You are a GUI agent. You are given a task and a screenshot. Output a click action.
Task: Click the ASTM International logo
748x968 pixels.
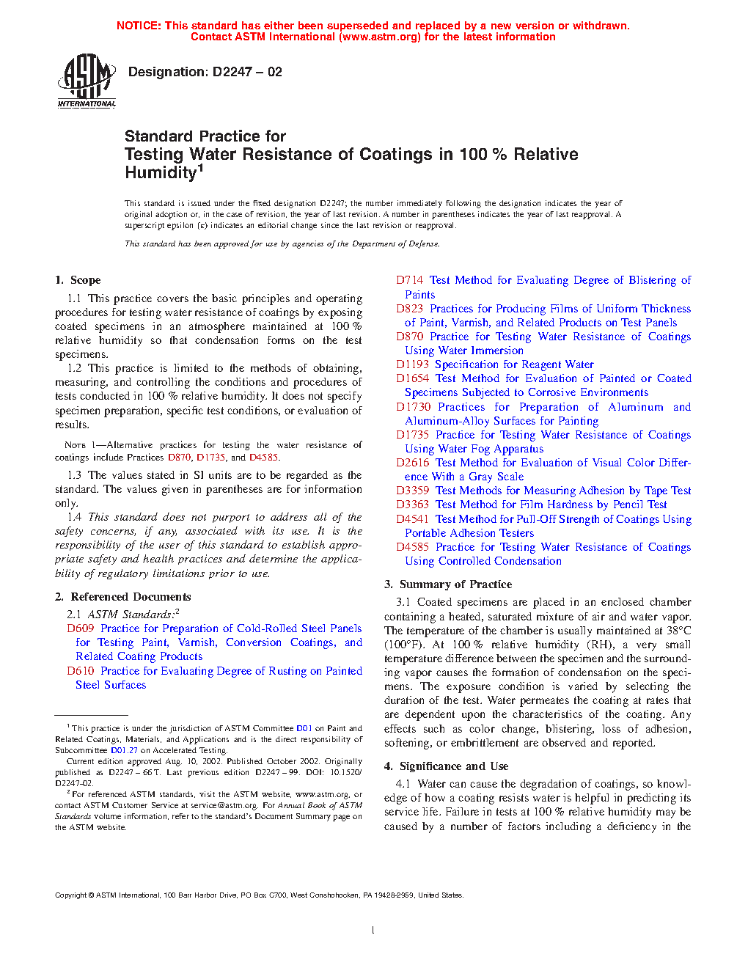pyautogui.click(x=87, y=81)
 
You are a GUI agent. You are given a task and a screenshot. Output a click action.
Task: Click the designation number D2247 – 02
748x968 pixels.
pyautogui.click(x=247, y=72)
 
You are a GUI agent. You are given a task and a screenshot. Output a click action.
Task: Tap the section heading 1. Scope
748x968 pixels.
pyautogui.click(x=78, y=280)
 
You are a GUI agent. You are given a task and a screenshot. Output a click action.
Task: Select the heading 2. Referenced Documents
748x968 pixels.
pyautogui.click(x=122, y=597)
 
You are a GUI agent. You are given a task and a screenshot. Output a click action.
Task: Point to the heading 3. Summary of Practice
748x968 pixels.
pyautogui.click(x=448, y=584)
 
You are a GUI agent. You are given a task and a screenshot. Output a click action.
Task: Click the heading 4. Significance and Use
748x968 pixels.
pyautogui.click(x=446, y=766)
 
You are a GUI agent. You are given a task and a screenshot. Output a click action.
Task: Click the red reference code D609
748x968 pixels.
pyautogui.click(x=81, y=628)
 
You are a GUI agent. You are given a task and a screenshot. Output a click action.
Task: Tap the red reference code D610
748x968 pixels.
pyautogui.click(x=81, y=671)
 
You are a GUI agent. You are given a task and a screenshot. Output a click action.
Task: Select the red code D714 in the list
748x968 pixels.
pyautogui.click(x=410, y=280)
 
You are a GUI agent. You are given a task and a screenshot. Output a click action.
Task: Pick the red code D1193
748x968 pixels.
pyautogui.click(x=413, y=364)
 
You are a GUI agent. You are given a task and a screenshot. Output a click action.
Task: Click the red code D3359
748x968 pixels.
pyautogui.click(x=413, y=491)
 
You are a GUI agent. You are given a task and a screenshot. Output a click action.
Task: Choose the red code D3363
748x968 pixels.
pyautogui.click(x=413, y=505)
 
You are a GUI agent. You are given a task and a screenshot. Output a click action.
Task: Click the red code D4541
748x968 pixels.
pyautogui.click(x=413, y=519)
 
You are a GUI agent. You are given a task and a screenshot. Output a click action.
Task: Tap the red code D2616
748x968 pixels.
pyautogui.click(x=413, y=463)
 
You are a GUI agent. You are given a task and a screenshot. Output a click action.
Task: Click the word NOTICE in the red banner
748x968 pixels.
pyautogui.click(x=139, y=26)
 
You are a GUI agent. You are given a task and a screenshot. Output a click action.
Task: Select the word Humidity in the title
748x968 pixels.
pyautogui.click(x=161, y=173)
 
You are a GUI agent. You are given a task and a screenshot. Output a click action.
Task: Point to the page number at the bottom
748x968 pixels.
pyautogui.click(x=373, y=931)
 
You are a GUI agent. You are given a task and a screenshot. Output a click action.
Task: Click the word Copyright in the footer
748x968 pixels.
pyautogui.click(x=71, y=895)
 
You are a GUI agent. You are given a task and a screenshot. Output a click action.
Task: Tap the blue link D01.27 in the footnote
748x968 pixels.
pyautogui.click(x=124, y=750)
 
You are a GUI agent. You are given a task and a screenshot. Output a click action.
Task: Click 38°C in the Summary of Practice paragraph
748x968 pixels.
pyautogui.click(x=675, y=631)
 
